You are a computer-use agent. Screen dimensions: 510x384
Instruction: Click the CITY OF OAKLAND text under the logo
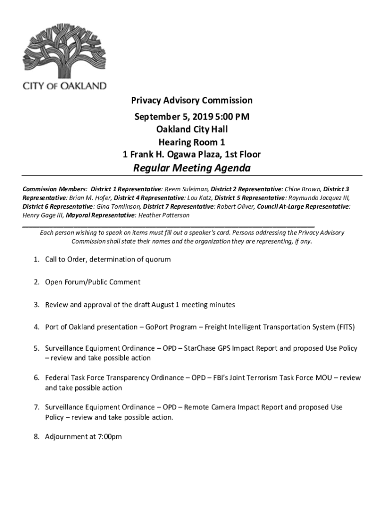click(x=65, y=86)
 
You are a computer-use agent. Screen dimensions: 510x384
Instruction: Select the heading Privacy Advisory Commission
click(x=192, y=100)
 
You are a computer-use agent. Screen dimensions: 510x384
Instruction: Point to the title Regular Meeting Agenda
click(x=192, y=168)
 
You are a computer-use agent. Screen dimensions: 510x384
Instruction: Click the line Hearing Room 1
click(x=192, y=142)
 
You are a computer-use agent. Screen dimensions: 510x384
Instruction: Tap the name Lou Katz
click(x=199, y=198)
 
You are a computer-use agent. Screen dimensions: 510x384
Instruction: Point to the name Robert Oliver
click(x=234, y=206)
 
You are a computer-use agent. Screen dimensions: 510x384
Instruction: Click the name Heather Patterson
click(x=164, y=215)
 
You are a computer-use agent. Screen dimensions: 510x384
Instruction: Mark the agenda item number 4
click(x=36, y=327)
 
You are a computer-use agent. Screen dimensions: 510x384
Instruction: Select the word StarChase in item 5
click(x=200, y=349)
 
